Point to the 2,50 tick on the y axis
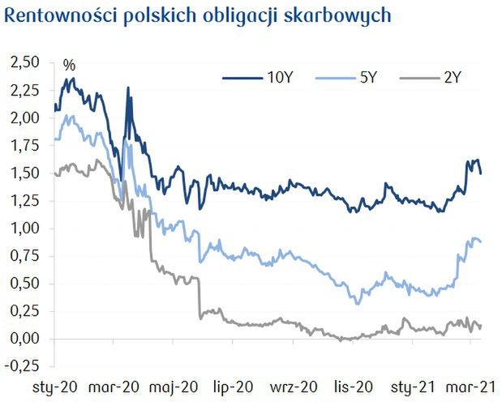tap(24, 62)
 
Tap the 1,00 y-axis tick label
tap(24, 229)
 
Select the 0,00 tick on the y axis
tap(24, 339)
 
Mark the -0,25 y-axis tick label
tap(21, 366)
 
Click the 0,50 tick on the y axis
tap(24, 284)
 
